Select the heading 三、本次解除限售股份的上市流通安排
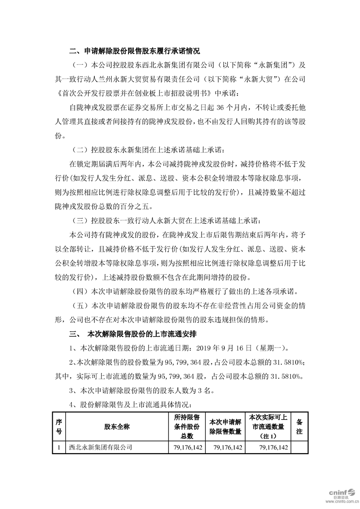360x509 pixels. pos(133,334)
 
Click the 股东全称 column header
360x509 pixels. pos(117,427)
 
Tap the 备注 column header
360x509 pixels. pos(299,427)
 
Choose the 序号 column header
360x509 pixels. pos(59,427)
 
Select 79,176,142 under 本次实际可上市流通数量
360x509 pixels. pos(271,447)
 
